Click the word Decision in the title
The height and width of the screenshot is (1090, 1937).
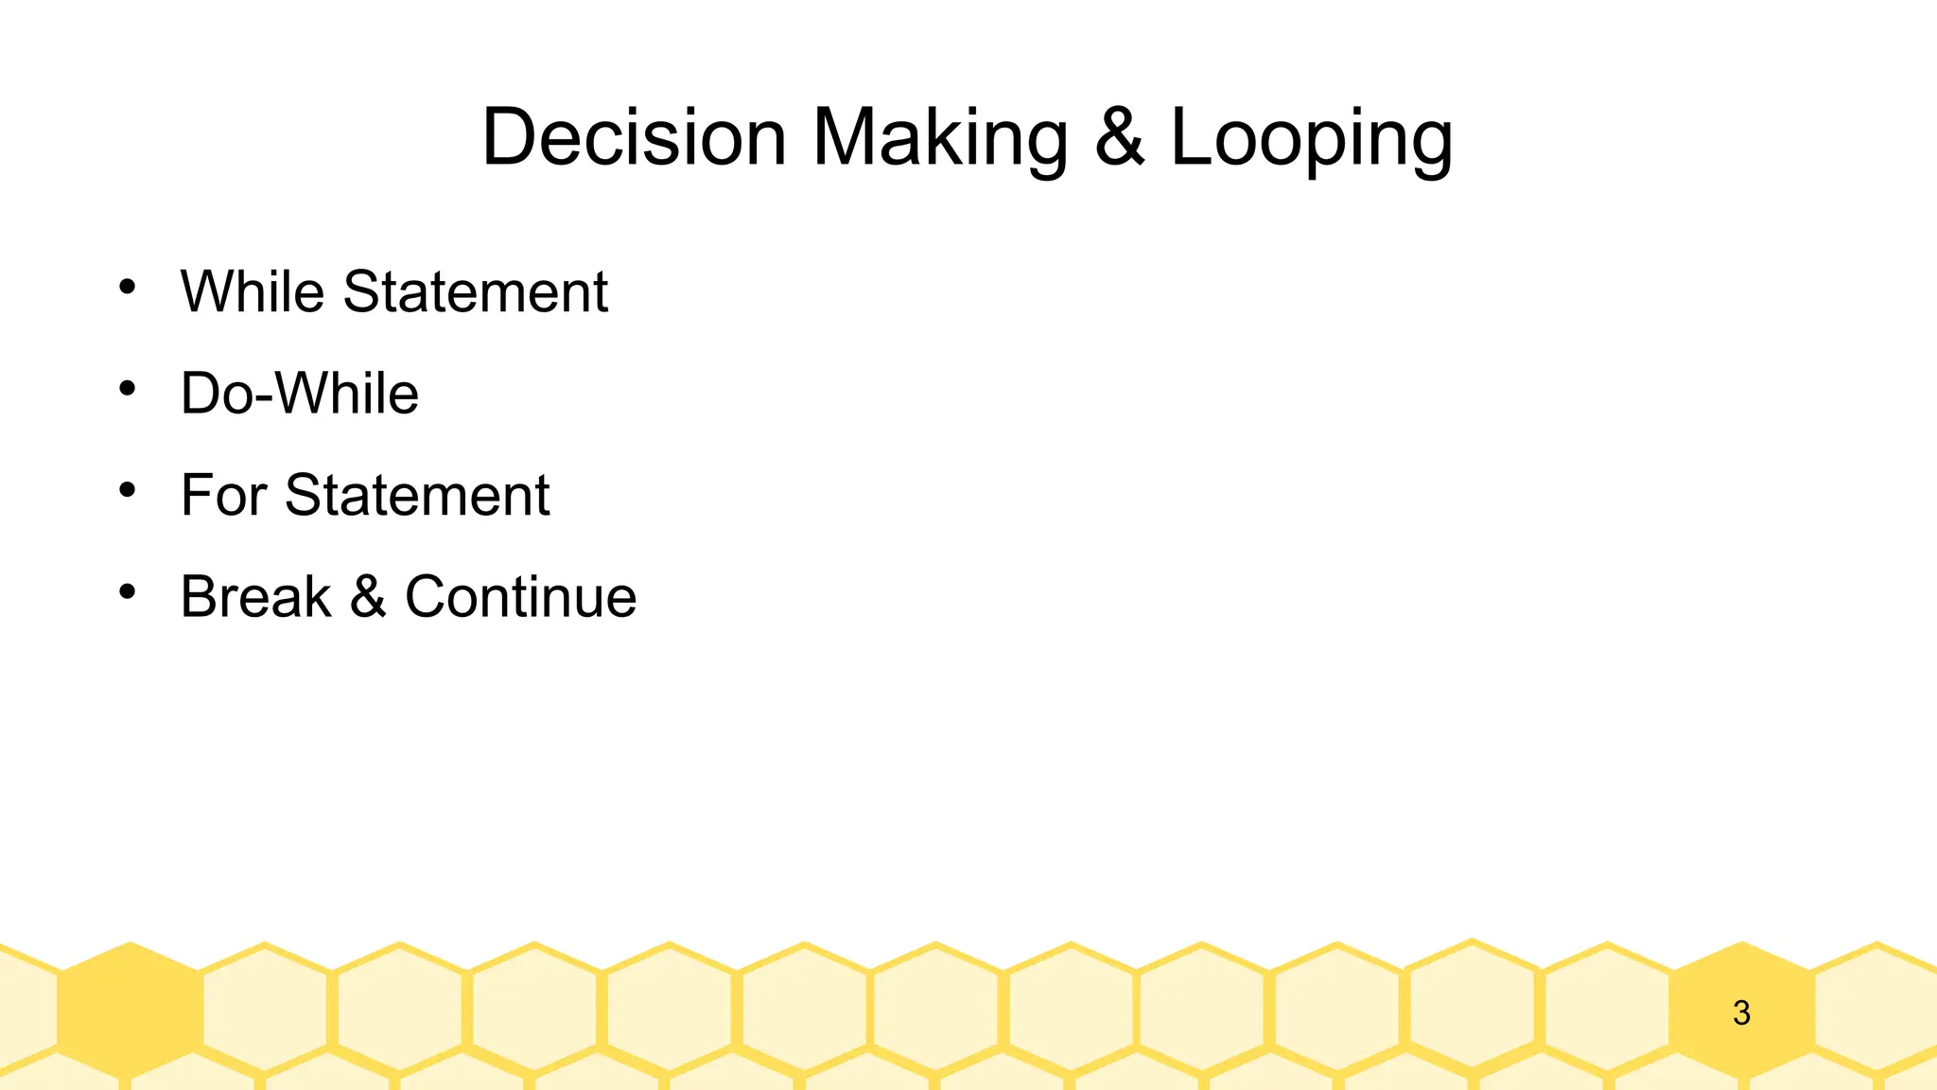634,137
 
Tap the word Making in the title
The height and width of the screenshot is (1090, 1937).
940,139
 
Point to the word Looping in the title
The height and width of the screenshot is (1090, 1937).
1312,139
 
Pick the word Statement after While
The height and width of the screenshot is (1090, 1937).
475,291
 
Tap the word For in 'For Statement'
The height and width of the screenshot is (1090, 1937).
223,495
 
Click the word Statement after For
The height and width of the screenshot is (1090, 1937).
417,495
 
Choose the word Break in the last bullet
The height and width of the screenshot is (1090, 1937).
255,597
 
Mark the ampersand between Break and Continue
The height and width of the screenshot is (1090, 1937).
368,597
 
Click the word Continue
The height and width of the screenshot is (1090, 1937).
520,597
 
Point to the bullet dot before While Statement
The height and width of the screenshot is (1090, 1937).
128,286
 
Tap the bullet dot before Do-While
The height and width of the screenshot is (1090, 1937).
128,388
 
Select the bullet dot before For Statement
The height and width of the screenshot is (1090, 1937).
128,490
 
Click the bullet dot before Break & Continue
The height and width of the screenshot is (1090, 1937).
128,592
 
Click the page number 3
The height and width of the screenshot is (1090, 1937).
1741,1013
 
